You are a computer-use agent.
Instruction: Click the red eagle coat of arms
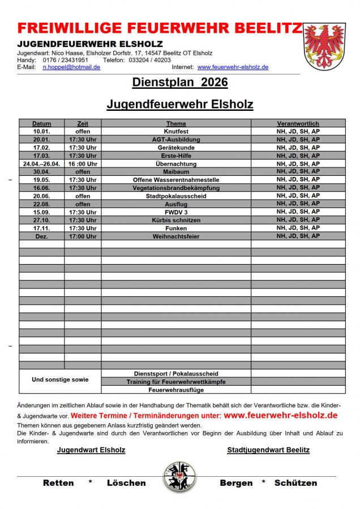point(324,46)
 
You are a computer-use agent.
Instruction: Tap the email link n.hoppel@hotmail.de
point(72,67)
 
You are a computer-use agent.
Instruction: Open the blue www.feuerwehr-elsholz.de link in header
point(233,67)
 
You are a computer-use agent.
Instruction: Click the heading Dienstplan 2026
point(180,83)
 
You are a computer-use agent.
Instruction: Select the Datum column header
point(41,123)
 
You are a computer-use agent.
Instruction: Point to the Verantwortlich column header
point(298,123)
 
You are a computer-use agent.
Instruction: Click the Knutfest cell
point(176,131)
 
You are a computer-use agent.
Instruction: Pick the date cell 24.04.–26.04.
point(41,163)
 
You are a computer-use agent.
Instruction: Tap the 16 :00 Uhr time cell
point(83,163)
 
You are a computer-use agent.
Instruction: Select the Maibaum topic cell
point(176,171)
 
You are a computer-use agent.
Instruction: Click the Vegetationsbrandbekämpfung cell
point(176,188)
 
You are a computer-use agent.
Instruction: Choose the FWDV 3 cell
point(176,212)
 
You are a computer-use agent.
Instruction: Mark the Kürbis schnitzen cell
point(176,220)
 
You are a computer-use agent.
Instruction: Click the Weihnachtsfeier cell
point(176,236)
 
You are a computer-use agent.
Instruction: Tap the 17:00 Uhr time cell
point(83,236)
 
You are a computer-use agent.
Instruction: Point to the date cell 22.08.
point(41,204)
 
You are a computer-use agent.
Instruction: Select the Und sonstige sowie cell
point(60,379)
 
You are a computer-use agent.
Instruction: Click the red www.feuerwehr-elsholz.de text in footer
point(281,415)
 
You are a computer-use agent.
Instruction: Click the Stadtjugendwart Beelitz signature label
point(268,450)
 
